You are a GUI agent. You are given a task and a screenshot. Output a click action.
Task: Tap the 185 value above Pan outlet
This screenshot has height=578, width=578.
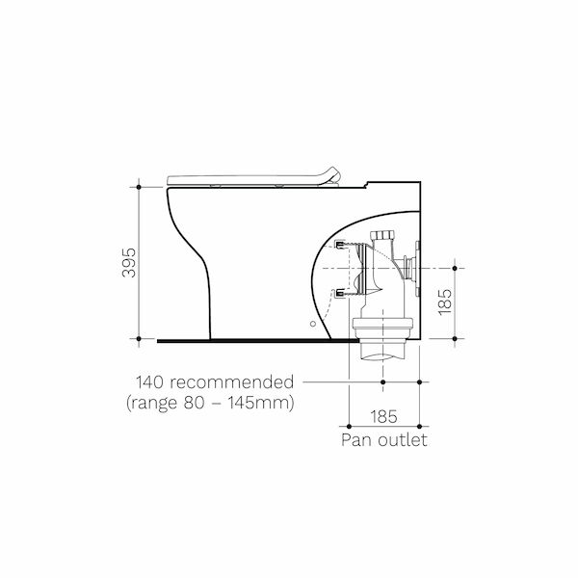click(383, 417)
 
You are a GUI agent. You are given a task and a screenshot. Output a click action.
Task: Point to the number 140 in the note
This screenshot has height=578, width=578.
click(152, 381)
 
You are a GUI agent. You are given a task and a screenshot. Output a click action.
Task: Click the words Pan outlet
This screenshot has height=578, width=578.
click(383, 440)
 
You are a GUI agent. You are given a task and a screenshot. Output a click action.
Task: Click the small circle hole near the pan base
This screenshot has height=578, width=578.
click(313, 326)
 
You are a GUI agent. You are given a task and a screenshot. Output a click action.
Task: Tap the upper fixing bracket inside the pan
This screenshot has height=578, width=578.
click(339, 245)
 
